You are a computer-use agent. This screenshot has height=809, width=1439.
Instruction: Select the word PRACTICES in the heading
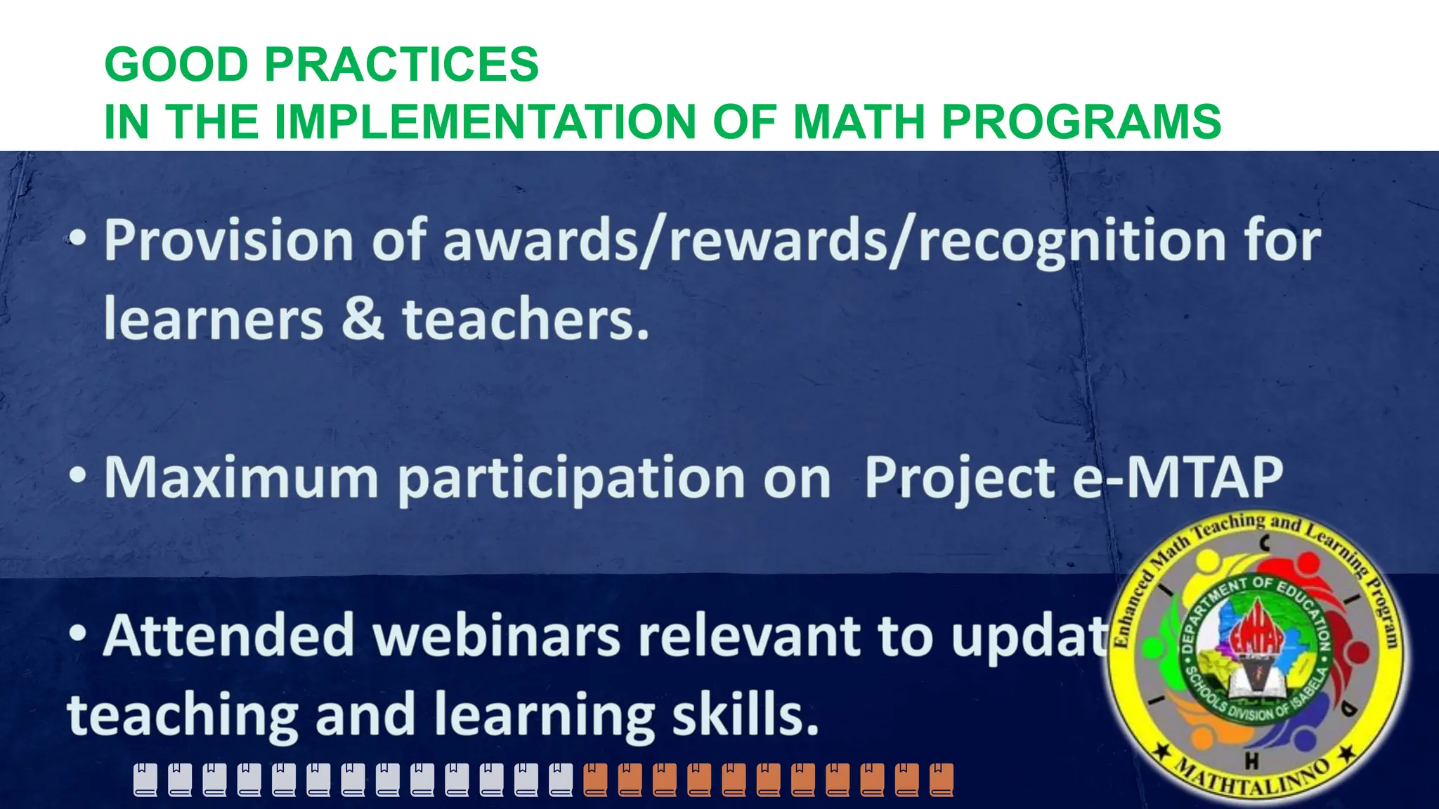coord(401,65)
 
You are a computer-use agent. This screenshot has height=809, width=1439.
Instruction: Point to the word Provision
coord(229,241)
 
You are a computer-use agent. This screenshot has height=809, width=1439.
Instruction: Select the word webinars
coord(496,636)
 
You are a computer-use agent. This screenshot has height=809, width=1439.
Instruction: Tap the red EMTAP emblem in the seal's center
coord(1256,636)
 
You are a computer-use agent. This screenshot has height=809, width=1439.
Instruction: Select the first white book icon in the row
coord(145,780)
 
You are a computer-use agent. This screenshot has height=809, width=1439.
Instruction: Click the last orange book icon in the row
coord(942,780)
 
